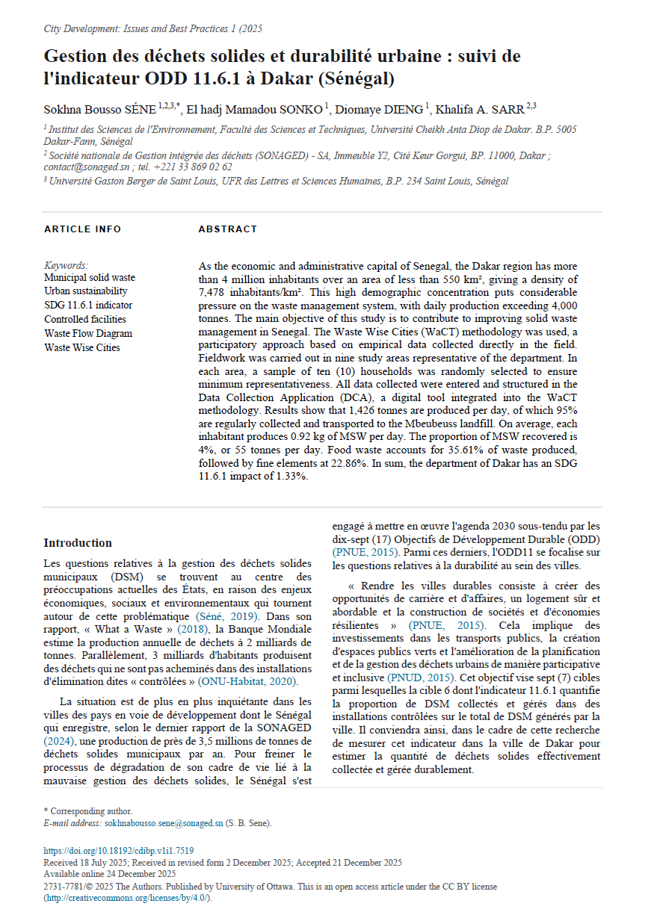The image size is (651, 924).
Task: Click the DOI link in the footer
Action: (119, 850)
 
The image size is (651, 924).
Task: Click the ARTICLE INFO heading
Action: (82, 229)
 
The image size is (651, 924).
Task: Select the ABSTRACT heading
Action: (227, 229)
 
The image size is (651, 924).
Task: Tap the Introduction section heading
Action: (78, 543)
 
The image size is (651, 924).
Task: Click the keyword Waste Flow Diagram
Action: (88, 334)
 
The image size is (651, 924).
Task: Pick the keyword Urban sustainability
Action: (86, 291)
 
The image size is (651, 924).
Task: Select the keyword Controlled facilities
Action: (88, 320)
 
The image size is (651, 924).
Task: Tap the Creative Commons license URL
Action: (128, 898)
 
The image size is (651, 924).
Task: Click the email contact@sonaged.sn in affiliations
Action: (81, 167)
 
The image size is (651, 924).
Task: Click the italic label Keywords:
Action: (67, 265)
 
